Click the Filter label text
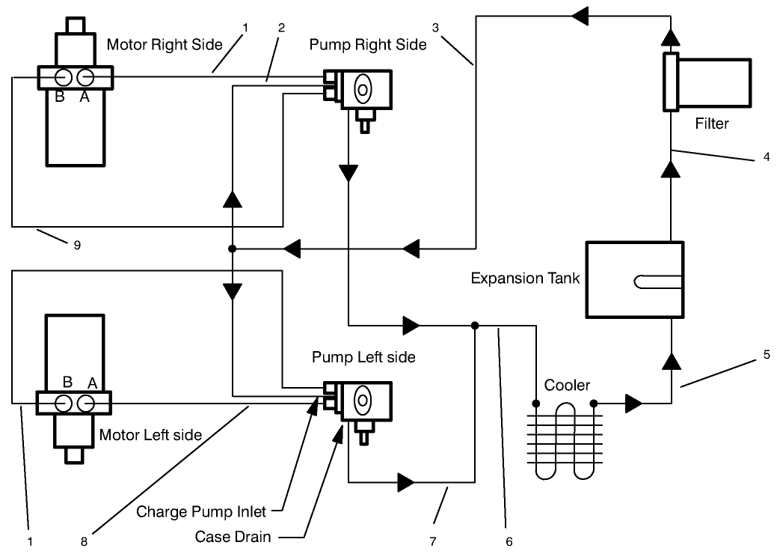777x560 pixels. (x=711, y=124)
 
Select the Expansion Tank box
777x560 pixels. (x=634, y=279)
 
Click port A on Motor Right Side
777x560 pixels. (x=86, y=77)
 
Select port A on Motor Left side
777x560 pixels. (x=86, y=403)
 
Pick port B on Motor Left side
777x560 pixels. (x=64, y=403)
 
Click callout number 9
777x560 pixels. (x=78, y=243)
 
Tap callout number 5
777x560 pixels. (x=767, y=356)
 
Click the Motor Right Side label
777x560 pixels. (x=165, y=45)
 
